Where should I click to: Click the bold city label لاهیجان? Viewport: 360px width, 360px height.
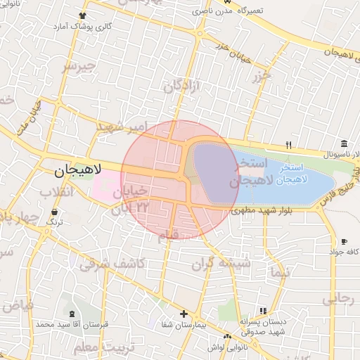click(x=78, y=169)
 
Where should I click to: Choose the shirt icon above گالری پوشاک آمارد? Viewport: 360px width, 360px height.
click(x=83, y=14)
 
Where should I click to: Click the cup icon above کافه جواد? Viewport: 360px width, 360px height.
click(x=343, y=241)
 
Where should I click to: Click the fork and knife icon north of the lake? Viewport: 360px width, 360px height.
click(x=288, y=145)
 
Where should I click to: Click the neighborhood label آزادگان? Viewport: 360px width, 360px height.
click(x=182, y=86)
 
